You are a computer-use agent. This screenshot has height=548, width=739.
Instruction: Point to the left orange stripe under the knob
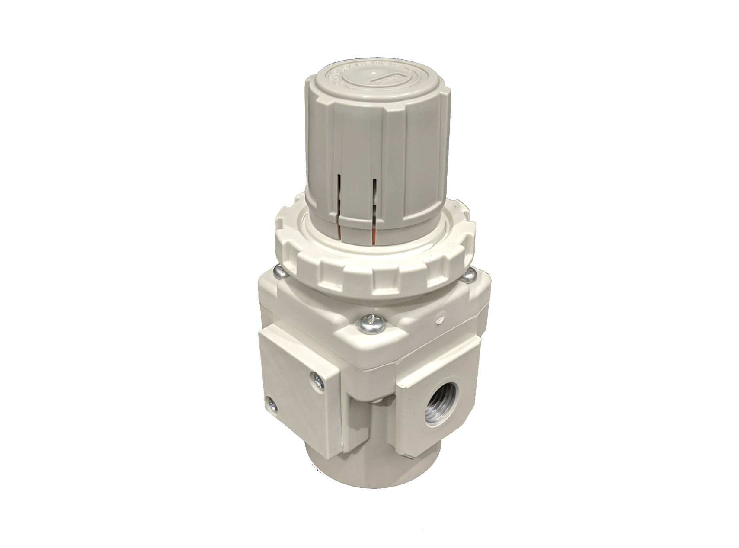pyautogui.click(x=339, y=234)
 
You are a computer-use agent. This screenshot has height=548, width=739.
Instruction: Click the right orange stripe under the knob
pyautogui.click(x=373, y=236)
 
